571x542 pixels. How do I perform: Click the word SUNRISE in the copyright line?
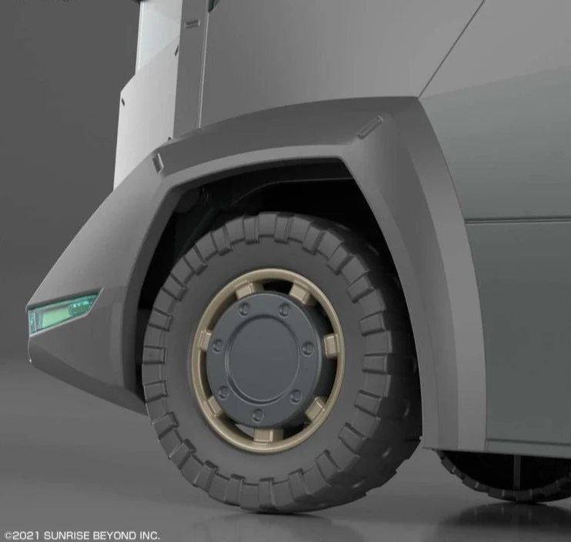coord(67,536)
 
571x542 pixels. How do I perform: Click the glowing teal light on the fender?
coord(62,312)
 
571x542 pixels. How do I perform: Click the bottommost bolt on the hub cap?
coord(258,413)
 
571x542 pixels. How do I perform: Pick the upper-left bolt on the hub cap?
coord(245,310)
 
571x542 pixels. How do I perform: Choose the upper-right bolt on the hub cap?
coord(285,310)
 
